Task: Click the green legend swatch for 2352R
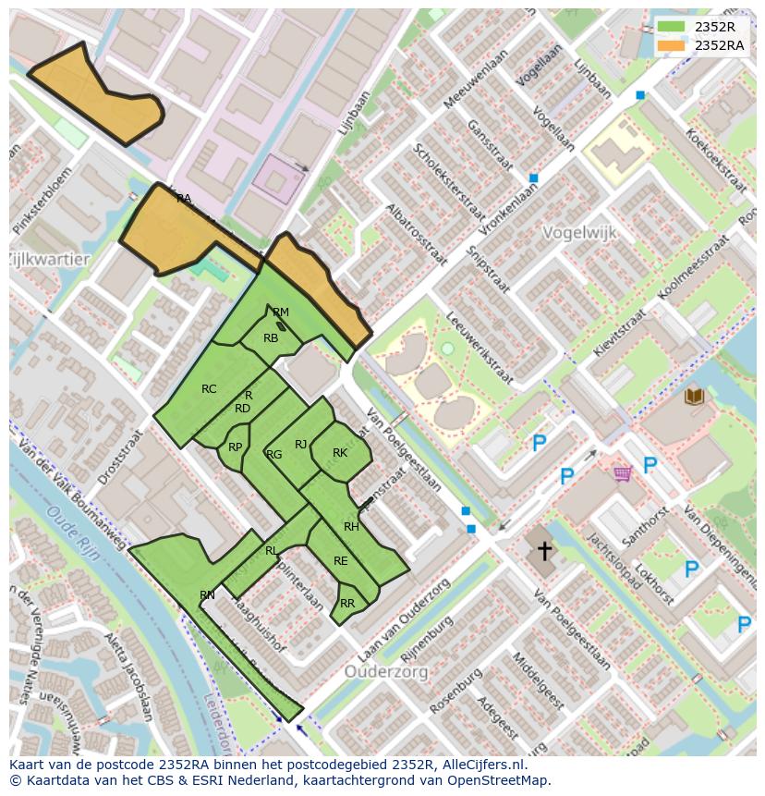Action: (672, 27)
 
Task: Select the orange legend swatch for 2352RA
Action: (672, 44)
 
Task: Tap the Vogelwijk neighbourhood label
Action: (579, 232)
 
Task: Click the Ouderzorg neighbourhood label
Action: (386, 672)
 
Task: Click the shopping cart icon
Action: (623, 473)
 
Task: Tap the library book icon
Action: (694, 397)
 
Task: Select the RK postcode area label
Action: (340, 453)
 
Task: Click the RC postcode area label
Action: (209, 389)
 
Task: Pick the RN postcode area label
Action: (207, 595)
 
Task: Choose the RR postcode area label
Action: (347, 604)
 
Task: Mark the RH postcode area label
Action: (351, 527)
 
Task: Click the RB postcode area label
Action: (271, 338)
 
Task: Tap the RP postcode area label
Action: (236, 447)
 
